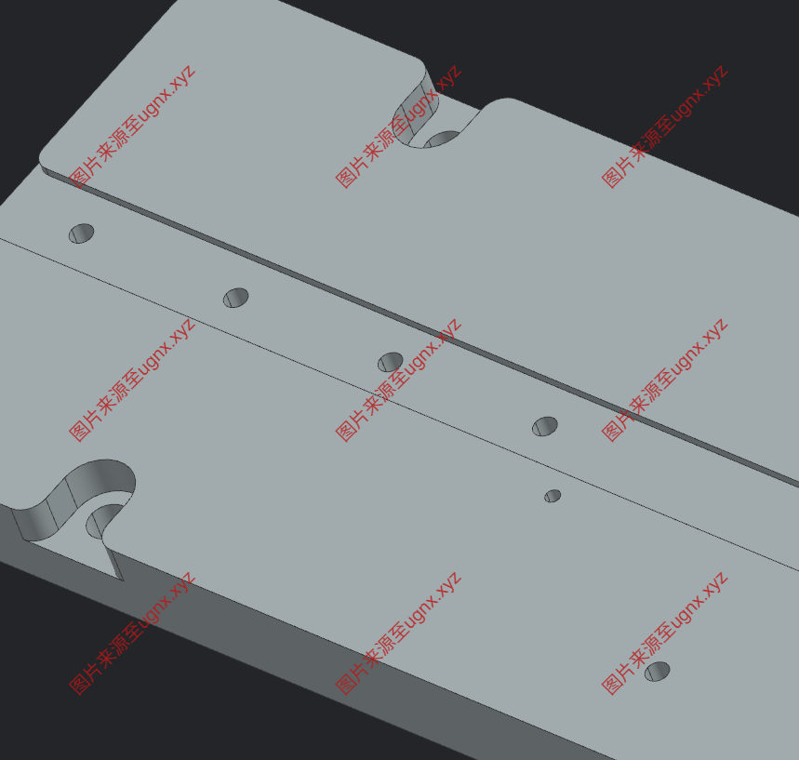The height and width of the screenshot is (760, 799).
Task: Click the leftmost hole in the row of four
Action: (82, 233)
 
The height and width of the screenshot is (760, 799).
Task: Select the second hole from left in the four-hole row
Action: (236, 298)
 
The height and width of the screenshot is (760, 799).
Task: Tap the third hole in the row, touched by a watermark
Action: (391, 362)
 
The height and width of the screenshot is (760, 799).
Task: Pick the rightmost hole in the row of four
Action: (545, 426)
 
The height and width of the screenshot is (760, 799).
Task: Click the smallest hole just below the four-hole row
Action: (553, 496)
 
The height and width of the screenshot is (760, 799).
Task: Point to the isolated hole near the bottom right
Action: (658, 672)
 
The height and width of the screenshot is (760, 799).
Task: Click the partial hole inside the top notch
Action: (443, 139)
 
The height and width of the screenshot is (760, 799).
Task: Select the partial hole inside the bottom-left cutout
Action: (104, 520)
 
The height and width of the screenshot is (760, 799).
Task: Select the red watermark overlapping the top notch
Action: (398, 127)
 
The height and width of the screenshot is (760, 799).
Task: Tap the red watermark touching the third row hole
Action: (398, 380)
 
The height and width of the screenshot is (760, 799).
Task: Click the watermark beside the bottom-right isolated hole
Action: (664, 633)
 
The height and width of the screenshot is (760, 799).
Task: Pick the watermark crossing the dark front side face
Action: (132, 633)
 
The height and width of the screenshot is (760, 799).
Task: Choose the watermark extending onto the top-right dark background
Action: (664, 127)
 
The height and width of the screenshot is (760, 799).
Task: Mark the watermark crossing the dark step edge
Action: (664, 380)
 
